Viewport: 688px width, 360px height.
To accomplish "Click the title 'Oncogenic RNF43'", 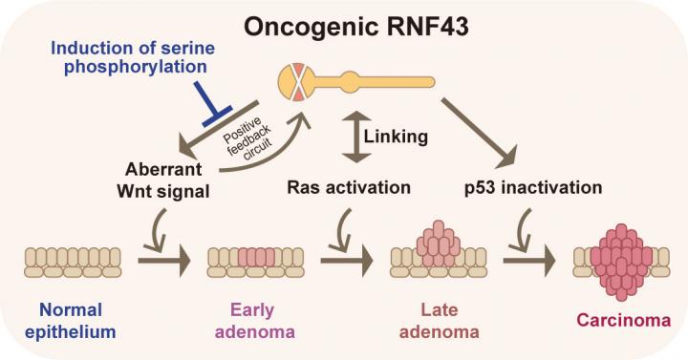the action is [355, 27].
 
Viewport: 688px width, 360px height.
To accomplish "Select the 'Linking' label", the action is [396, 137].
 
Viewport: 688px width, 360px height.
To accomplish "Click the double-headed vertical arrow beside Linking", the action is [355, 137].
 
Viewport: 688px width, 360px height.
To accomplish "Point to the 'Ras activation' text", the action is [349, 187].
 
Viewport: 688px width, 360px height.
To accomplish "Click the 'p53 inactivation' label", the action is [533, 188].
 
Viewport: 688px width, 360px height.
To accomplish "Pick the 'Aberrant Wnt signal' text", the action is [163, 180].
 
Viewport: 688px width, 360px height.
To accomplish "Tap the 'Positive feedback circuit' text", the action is [247, 137].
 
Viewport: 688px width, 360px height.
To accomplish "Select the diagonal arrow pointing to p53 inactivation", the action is [480, 134].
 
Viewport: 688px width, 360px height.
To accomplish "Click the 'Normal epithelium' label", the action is [71, 321].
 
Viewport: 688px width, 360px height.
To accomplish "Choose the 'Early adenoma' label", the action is [254, 321].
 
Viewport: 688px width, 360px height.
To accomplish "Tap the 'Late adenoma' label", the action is [439, 321].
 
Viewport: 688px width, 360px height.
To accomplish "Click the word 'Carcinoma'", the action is [623, 320].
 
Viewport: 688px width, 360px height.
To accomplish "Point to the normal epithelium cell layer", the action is [73, 263].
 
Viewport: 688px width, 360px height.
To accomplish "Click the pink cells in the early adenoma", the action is [257, 258].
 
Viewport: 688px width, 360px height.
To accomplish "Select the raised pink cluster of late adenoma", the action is [439, 244].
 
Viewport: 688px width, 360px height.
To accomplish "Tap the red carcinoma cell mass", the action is [621, 262].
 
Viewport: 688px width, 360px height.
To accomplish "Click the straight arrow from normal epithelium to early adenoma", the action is [164, 261].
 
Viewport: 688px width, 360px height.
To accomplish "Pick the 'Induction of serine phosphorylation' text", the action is [133, 57].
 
